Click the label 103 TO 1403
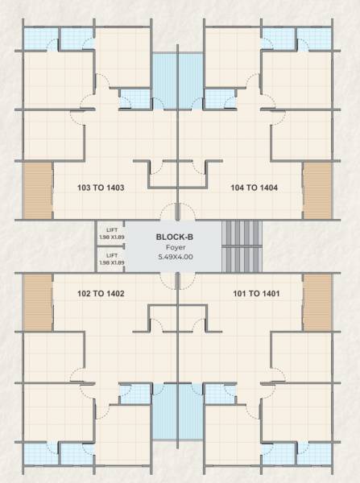point(100,188)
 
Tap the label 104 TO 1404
point(254,188)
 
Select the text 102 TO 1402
point(100,294)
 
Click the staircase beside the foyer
point(241,246)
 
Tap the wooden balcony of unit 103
point(37,191)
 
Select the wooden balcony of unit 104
point(317,191)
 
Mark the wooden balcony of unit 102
point(37,302)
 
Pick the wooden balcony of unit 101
point(317,302)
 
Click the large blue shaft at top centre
point(177,80)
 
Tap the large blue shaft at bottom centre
point(177,411)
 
